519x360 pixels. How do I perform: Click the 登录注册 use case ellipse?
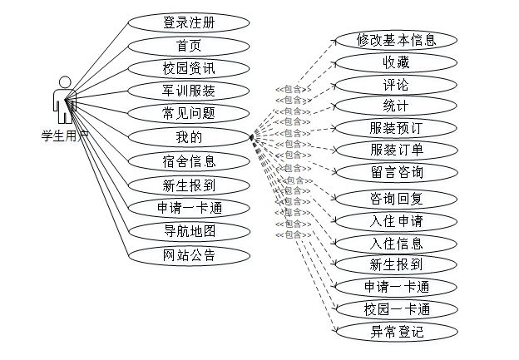pos(189,23)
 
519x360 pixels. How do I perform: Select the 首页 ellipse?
pos(189,46)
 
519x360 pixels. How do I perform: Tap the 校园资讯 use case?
pos(189,68)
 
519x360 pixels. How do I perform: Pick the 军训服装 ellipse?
pos(189,91)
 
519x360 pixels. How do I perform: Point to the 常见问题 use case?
pos(189,113)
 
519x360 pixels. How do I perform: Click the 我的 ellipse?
pos(189,136)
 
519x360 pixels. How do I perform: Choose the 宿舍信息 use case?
pos(189,160)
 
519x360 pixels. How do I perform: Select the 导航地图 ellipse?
pos(189,230)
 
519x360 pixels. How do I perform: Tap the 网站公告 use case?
pos(189,254)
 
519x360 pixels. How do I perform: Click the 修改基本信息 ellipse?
pos(396,40)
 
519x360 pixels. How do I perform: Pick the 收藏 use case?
pos(396,62)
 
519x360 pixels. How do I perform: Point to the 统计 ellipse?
pos(396,106)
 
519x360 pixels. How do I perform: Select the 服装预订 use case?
pos(396,129)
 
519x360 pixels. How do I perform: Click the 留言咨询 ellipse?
pos(396,172)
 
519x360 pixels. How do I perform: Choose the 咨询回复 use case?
pos(396,200)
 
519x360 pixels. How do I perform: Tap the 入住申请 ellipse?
pos(396,221)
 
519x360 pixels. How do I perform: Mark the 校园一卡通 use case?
pos(396,309)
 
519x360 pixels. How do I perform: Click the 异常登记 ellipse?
pos(396,332)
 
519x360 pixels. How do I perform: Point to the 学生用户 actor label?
pos(65,136)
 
